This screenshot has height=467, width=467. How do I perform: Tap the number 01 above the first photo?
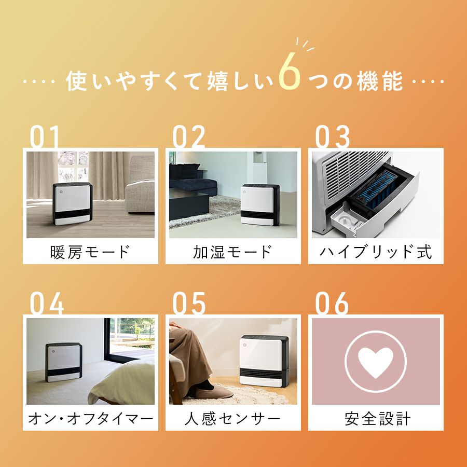click(45, 136)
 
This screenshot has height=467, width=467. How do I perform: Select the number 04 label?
click(47, 303)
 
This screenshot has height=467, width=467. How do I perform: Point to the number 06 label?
click(332, 303)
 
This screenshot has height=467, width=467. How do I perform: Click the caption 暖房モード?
click(90, 252)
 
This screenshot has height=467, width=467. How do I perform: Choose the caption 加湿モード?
click(233, 252)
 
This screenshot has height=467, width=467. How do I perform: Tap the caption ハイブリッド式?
click(376, 252)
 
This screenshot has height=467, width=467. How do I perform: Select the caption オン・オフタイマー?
click(90, 418)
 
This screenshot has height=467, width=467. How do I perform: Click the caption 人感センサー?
click(232, 418)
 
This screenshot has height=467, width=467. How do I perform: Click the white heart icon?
click(376, 362)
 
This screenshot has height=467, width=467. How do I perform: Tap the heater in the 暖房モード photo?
click(72, 204)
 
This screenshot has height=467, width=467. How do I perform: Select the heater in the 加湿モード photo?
click(260, 204)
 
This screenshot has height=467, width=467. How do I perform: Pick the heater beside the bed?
click(63, 362)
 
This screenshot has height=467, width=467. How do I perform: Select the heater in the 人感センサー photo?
click(264, 361)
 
